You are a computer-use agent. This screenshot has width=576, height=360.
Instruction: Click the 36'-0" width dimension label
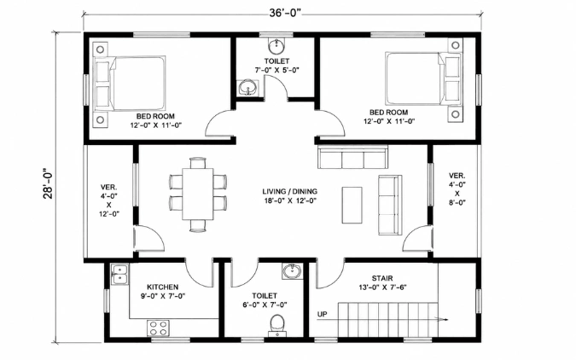285,14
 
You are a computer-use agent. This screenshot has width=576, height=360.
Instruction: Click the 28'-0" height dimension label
48,183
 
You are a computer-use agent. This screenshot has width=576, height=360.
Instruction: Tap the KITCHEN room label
162,287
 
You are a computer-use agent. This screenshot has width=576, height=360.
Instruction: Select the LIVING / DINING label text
290,191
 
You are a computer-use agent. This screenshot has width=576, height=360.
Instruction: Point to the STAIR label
382,278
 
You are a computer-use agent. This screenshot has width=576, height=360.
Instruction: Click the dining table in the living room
198,194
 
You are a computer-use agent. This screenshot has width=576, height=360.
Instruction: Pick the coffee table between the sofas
352,205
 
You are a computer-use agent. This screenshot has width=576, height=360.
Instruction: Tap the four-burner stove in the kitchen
159,328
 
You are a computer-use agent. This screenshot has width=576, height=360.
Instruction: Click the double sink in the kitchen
120,275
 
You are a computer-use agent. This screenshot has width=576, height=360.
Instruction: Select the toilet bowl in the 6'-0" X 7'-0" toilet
277,325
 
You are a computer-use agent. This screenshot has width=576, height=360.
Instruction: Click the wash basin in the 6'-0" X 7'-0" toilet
292,272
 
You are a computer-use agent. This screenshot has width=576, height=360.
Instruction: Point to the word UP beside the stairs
323,315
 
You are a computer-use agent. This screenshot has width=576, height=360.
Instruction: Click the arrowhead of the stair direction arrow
445,320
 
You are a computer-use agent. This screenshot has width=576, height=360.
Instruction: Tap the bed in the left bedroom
130,83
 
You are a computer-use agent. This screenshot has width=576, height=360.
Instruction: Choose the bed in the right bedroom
423,78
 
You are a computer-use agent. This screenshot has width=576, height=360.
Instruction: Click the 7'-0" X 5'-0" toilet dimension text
277,70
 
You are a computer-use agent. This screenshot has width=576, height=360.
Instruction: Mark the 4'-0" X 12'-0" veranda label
108,200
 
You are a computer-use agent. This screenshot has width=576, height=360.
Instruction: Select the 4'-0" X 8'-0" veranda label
457,189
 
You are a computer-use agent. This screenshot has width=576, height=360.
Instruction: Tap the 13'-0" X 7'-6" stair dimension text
382,287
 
